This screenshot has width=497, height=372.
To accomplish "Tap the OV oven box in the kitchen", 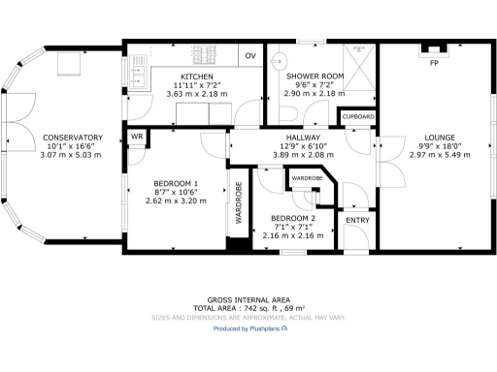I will (250, 56).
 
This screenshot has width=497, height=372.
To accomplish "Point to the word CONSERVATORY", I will (73, 138).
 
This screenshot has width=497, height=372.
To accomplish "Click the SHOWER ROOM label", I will (314, 77).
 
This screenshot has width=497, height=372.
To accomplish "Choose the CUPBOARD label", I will (356, 117).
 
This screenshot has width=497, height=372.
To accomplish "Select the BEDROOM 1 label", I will (176, 184).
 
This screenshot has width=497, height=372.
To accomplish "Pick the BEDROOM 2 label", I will (293, 219).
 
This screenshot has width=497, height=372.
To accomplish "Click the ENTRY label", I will (357, 221).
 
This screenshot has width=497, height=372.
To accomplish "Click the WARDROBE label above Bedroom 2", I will (307, 179).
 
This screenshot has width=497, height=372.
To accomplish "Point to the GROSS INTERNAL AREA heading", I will (248, 299).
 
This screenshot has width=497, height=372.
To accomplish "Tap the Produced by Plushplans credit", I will (248, 328).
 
